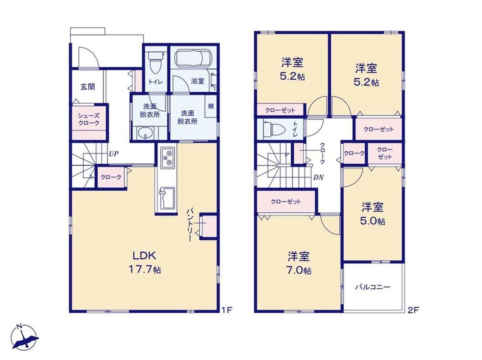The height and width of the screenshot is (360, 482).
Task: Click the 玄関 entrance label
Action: [x=87, y=87]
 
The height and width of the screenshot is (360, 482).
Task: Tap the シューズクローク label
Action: [x=89, y=120]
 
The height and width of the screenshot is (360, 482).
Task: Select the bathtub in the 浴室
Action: [x=193, y=58]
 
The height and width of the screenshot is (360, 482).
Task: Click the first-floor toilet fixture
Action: [x=153, y=63]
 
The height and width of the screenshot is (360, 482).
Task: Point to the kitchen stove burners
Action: [x=168, y=157]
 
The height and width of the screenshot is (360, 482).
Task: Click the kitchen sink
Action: [x=167, y=198]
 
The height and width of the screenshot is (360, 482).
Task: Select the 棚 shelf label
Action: [x=211, y=106]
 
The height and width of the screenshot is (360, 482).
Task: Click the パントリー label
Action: [x=190, y=225]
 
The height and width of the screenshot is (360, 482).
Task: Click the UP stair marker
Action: [x=113, y=153]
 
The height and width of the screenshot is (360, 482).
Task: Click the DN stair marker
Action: [x=318, y=177]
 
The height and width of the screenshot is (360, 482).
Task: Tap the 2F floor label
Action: [x=413, y=310]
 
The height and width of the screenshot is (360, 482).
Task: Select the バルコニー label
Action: [x=373, y=287]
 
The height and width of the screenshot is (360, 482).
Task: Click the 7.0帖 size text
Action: [x=299, y=270]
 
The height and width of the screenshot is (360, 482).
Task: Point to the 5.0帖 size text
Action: [x=373, y=221]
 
